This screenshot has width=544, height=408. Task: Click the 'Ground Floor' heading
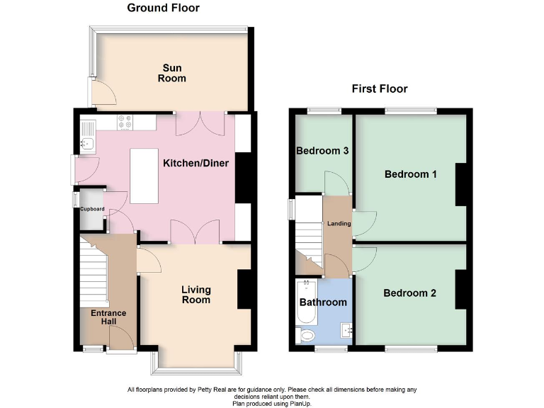point(163,8)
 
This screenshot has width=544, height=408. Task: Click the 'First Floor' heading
point(380,89)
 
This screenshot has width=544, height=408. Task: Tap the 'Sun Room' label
point(171,73)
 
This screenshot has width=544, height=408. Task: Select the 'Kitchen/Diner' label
point(195,163)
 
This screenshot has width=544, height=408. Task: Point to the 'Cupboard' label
point(91,209)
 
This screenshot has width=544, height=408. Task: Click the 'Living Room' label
point(195,295)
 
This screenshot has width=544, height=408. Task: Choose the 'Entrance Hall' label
point(108,318)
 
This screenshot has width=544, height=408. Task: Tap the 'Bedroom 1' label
point(410,174)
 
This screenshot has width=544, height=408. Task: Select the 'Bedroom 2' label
point(409,293)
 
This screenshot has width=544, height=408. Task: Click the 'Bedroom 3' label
point(322,151)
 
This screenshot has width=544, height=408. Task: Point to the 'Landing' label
point(338,224)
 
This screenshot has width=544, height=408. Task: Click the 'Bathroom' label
point(323,302)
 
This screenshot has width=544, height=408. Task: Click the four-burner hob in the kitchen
point(125,123)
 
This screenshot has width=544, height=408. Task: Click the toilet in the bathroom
point(305,334)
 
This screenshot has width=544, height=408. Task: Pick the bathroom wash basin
point(346,331)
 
